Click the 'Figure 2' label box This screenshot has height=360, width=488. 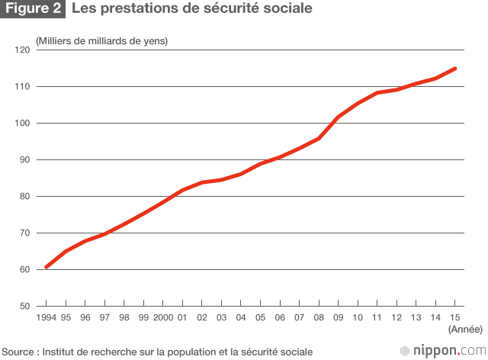tap(33, 10)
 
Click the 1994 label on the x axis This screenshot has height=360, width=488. tap(47, 317)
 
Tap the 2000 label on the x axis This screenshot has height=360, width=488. tap(163, 317)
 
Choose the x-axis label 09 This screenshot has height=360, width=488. tap(339, 317)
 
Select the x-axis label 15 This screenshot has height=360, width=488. tap(455, 317)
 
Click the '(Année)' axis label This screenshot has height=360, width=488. tap(464, 329)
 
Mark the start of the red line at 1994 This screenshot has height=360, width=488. tap(47, 267)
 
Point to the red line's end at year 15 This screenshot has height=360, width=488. tap(455, 69)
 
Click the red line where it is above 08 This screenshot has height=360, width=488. tap(319, 138)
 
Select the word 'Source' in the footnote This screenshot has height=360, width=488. tap(18, 352)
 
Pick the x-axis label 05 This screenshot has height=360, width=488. tap(261, 317)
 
